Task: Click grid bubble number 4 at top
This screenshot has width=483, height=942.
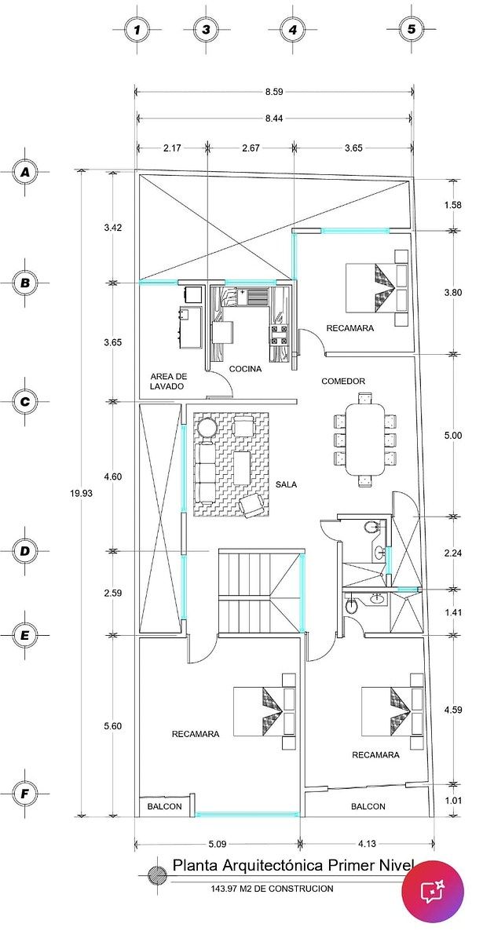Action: pos(293,30)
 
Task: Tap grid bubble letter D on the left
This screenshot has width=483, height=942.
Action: pos(25,551)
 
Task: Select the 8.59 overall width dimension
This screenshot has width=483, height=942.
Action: pos(274,92)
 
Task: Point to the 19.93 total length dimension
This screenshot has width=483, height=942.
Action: pos(81,493)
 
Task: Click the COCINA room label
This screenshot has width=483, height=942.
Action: pos(245,369)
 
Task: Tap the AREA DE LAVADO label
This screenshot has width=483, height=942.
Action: pos(168,381)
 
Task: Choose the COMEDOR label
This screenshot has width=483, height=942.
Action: pos(343,381)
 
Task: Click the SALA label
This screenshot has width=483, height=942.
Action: pos(286,484)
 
